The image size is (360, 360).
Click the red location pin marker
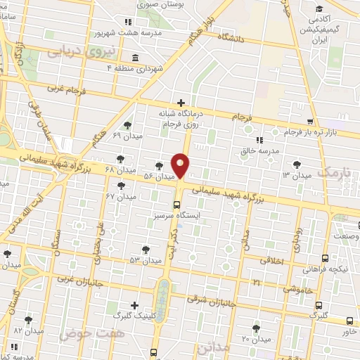click(x=181, y=165)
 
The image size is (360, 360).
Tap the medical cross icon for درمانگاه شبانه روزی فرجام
click(x=181, y=103)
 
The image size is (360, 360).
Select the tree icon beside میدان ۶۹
click(x=135, y=125)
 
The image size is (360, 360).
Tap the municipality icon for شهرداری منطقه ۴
click(x=134, y=57)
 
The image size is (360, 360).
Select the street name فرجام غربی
click(x=65, y=89)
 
